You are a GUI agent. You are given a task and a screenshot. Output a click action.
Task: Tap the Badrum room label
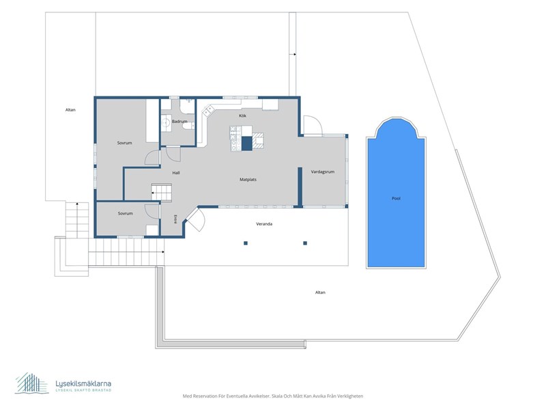(179, 122)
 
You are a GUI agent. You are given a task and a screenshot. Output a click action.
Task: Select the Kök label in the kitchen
(243, 115)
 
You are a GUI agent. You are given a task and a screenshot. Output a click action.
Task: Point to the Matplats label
(248, 180)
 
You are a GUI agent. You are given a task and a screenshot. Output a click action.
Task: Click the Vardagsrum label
(322, 172)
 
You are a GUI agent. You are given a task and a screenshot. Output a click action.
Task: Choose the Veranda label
(264, 224)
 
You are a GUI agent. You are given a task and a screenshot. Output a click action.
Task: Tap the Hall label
(176, 173)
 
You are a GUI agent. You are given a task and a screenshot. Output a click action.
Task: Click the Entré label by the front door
(175, 219)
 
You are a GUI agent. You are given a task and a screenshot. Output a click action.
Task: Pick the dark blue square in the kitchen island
(246, 143)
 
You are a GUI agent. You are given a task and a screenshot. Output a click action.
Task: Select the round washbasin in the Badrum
(166, 122)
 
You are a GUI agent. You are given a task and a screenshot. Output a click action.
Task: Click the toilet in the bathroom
(188, 126)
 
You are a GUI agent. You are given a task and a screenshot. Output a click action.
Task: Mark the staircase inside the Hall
(161, 192)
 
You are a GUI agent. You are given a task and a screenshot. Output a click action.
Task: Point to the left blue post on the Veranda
(246, 243)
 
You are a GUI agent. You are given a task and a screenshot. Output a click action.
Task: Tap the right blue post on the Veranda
(305, 243)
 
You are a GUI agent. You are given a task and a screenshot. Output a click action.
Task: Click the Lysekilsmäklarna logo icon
(31, 383)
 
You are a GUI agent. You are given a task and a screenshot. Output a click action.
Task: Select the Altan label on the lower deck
(320, 292)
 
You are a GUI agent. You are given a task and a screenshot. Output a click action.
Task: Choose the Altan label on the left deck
(70, 109)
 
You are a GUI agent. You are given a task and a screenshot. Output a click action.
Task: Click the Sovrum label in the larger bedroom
(124, 143)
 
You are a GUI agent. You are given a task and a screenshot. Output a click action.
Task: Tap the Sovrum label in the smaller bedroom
(125, 213)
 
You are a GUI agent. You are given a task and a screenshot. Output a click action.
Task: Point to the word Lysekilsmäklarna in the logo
(83, 383)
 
